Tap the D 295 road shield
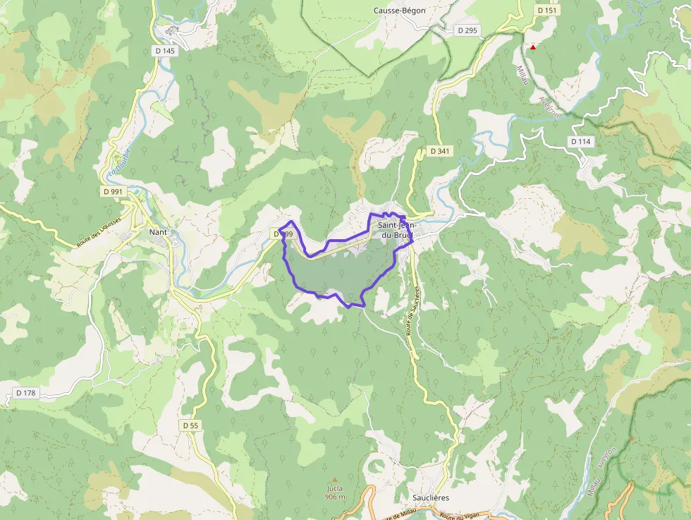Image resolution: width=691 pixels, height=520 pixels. click(x=467, y=30)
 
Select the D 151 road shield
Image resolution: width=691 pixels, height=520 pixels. click(x=546, y=11)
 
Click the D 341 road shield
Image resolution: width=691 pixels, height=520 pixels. click(x=440, y=151)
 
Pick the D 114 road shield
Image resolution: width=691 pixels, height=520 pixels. click(x=580, y=142)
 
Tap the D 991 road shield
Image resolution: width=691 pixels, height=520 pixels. click(x=112, y=191)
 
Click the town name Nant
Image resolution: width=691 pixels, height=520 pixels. click(x=158, y=231)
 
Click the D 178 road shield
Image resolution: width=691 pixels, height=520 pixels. click(x=25, y=392)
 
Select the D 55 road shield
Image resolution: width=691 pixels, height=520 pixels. click(x=190, y=425)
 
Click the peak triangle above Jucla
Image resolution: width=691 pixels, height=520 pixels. click(x=335, y=480)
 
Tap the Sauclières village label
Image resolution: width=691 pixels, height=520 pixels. click(x=430, y=497)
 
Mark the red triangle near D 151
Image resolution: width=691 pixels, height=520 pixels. click(x=533, y=47)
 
